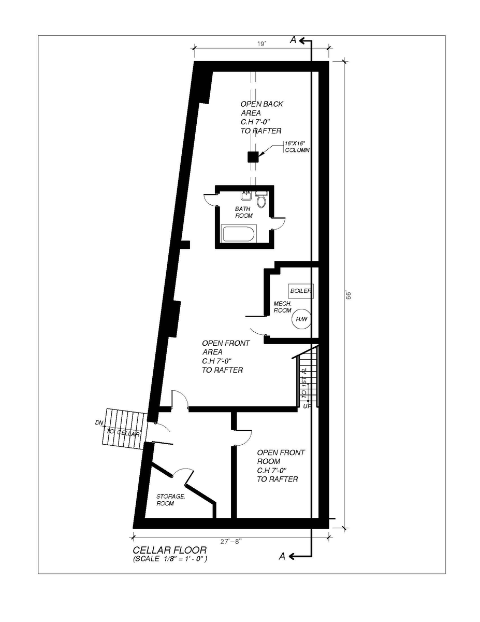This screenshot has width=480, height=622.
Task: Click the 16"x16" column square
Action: pos(253,157)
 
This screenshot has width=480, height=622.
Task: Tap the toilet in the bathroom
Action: pos(261,200)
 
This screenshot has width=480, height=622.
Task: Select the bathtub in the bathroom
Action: pos(239,234)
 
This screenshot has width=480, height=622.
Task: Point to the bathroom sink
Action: pos(246,196)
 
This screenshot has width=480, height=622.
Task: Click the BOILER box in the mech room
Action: pos(301,291)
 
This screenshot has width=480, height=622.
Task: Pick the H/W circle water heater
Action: pos(301,319)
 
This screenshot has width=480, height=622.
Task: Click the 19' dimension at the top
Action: pos(261,44)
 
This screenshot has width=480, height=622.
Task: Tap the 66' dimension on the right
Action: pos(349,294)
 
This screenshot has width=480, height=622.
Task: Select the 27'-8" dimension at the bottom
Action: pos(231,540)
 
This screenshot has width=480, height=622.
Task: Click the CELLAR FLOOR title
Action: pos(170,550)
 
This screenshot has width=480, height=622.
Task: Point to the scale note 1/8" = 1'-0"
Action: pos(170,560)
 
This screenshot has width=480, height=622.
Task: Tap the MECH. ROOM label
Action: pos(283,306)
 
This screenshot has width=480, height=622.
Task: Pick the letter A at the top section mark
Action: pos(293,41)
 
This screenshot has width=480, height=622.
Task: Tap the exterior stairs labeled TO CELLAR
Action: pos(123,426)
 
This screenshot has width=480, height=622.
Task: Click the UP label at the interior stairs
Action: pos(307,406)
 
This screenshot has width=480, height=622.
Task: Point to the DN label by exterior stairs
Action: pos(99,422)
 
